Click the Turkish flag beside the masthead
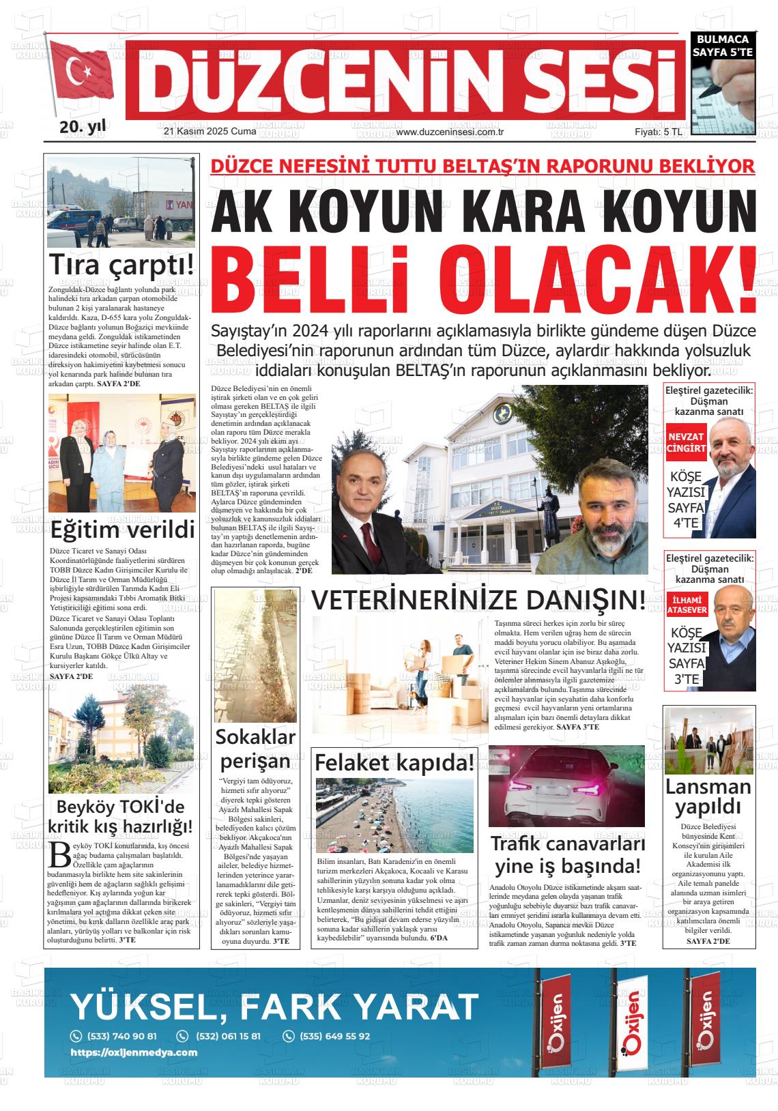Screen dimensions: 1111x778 82,74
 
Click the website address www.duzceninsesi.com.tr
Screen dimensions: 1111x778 449,132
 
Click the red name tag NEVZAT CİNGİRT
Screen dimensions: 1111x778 686,442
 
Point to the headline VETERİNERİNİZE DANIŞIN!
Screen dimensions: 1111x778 478,601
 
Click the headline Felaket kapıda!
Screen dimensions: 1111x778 394,763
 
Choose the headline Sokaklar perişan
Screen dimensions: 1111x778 255,749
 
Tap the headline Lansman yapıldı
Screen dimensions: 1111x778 708,796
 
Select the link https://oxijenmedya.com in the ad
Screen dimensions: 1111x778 134,1052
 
